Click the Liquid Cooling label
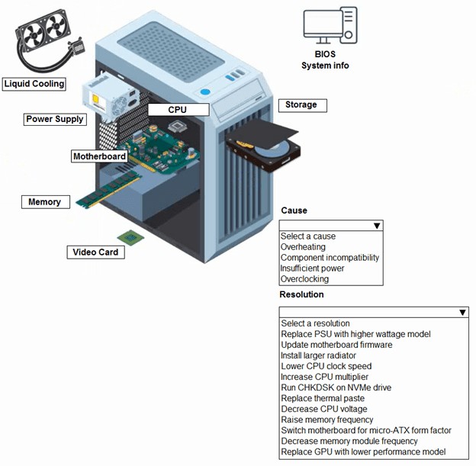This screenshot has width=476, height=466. [x=34, y=83]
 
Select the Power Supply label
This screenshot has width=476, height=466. [x=55, y=119]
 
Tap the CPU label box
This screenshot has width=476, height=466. [x=178, y=110]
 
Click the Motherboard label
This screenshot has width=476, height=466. [x=99, y=156]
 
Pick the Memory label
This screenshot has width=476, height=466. [x=45, y=202]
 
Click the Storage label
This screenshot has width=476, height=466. [x=301, y=104]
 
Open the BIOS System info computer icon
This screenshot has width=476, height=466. [x=329, y=27]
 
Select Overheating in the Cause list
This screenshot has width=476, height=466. [x=303, y=247]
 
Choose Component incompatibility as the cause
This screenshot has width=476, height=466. [x=330, y=258]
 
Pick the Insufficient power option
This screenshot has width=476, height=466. [x=312, y=268]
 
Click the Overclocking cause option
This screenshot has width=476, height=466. [x=304, y=279]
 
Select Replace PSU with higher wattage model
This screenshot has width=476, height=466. [x=355, y=334]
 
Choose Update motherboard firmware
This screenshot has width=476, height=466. [x=336, y=345]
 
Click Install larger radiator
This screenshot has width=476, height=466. [x=318, y=355]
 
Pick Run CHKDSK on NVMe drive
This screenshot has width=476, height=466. [x=336, y=387]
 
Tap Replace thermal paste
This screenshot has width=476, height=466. [x=323, y=398]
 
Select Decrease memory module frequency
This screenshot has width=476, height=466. [x=349, y=441]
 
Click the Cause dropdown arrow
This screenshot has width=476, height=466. [x=377, y=226]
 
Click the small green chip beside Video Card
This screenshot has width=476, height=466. [x=129, y=238]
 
